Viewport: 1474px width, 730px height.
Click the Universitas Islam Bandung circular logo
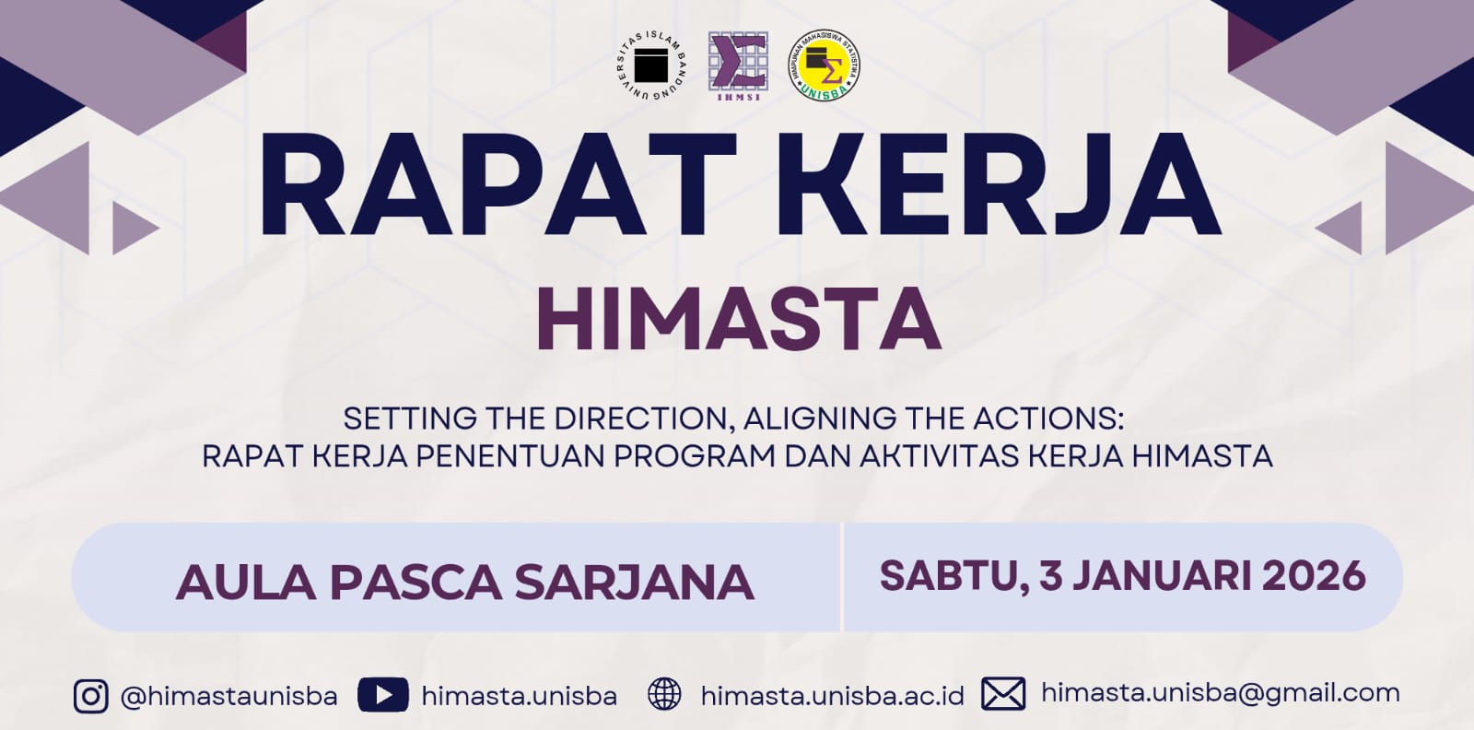[x=651, y=66]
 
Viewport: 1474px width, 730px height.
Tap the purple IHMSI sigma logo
[x=738, y=66]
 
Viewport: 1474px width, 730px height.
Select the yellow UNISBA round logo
[x=825, y=65]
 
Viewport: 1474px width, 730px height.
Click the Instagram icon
[x=91, y=696]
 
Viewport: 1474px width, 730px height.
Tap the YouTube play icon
[x=383, y=695]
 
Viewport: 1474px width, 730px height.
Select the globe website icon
[x=664, y=694]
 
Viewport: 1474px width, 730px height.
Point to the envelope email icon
[x=1003, y=694]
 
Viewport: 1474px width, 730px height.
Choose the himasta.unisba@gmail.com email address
[x=1221, y=694]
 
